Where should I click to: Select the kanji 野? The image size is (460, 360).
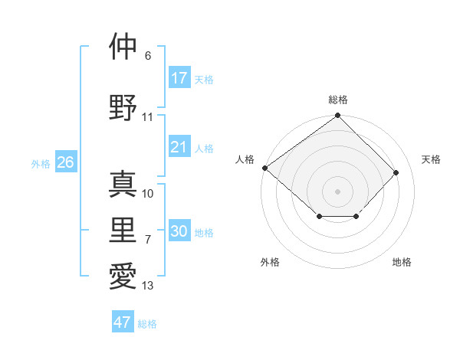[x=123, y=106]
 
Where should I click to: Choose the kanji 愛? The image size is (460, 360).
[x=123, y=276]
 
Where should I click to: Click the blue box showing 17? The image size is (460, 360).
[x=179, y=77]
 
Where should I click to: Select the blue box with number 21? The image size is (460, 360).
[x=179, y=147]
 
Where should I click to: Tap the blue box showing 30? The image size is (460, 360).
[x=179, y=232]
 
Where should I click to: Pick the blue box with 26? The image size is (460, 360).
[x=65, y=162]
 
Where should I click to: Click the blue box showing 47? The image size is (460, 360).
[x=123, y=322]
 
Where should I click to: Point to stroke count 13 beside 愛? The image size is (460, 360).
[x=148, y=286]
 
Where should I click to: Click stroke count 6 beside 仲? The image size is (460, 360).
[x=148, y=56]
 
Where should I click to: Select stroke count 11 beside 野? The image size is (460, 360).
[x=148, y=117]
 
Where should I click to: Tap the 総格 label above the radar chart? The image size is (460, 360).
[x=337, y=100]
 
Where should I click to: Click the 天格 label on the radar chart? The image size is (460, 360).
[x=431, y=159]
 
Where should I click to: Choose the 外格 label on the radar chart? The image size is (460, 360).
[x=270, y=262]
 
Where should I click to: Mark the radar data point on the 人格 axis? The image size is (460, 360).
[x=264, y=168]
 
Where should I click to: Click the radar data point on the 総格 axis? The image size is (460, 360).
[x=337, y=116]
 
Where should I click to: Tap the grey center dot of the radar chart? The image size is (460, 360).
[x=337, y=191]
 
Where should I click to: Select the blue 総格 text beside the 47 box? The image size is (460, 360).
[x=147, y=324]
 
